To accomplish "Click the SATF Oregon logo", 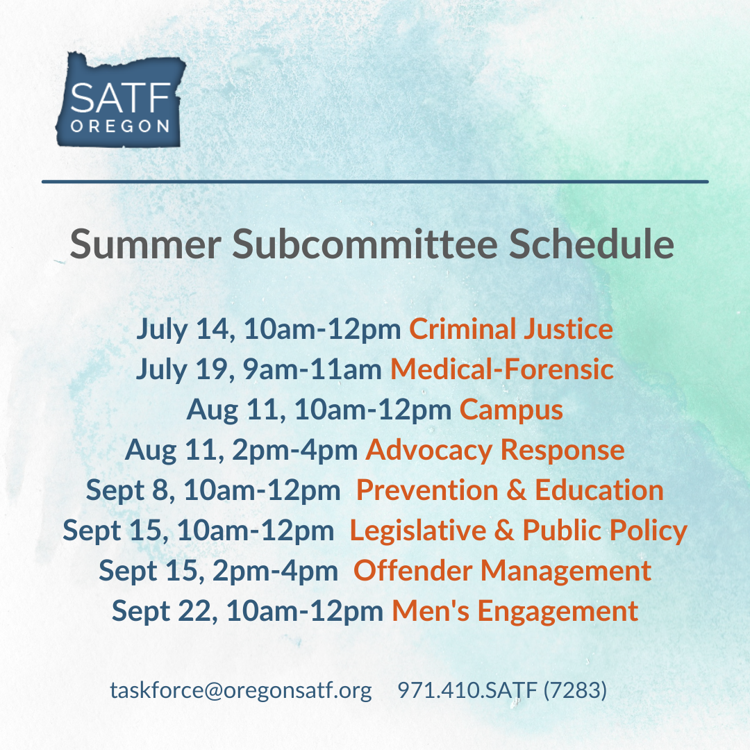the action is (121, 99).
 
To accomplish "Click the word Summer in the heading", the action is (145, 244).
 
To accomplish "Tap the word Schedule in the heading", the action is (591, 244).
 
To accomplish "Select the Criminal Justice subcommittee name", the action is (511, 329).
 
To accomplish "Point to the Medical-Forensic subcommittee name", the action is (502, 369).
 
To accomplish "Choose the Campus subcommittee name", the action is (511, 410).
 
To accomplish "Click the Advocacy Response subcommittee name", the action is (495, 451).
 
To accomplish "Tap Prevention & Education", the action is (510, 490).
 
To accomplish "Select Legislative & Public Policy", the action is (519, 531).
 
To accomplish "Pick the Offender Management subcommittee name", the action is (502, 571).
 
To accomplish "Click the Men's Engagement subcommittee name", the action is (515, 611).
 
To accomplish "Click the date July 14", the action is (185, 330).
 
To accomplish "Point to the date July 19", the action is (185, 370).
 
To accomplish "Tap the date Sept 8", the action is (130, 491).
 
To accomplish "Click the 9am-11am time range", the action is (312, 369).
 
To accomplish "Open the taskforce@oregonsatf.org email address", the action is (241, 690).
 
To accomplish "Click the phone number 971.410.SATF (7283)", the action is (502, 690).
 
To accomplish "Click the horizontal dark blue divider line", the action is (375, 182).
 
